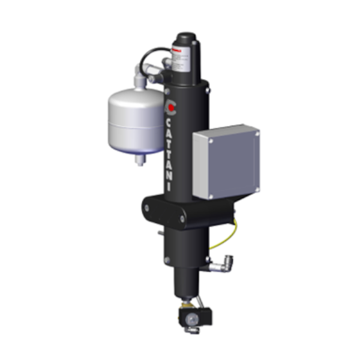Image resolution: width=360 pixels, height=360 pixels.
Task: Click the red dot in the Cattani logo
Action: [x=172, y=109]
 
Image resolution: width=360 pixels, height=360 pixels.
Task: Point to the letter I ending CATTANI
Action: [x=170, y=188]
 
